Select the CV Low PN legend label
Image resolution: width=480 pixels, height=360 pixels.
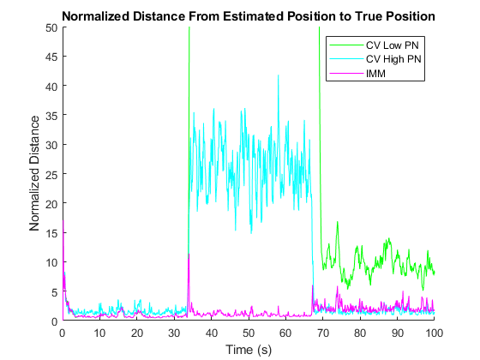pyautogui.click(x=393, y=45)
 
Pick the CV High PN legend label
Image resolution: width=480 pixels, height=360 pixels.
pyautogui.click(x=393, y=59)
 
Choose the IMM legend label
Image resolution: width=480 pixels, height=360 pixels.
pyautogui.click(x=375, y=74)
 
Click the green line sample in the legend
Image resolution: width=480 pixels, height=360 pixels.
pyautogui.click(x=346, y=45)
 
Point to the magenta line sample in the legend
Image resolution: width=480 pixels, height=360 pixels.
pyautogui.click(x=346, y=74)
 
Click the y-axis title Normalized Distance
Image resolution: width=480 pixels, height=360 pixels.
pyautogui.click(x=34, y=173)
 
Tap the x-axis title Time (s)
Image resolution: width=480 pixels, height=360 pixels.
pyautogui.click(x=249, y=350)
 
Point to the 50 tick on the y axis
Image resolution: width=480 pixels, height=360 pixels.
pyautogui.click(x=51, y=27)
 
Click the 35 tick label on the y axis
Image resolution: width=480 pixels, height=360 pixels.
pyautogui.click(x=51, y=116)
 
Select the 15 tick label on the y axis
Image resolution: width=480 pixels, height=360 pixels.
pyautogui.click(x=51, y=233)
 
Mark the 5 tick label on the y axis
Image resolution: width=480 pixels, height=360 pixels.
pyautogui.click(x=55, y=292)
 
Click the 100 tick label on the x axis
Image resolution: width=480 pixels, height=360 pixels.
pyautogui.click(x=434, y=333)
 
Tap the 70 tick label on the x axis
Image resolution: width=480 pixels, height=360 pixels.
pyautogui.click(x=323, y=333)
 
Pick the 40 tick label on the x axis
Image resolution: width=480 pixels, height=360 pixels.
pyautogui.click(x=211, y=333)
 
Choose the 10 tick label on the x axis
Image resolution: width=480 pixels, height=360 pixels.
pyautogui.click(x=99, y=333)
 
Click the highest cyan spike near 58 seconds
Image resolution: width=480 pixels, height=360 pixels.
pyautogui.click(x=279, y=75)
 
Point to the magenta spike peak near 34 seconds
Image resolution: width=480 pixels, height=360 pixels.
pyautogui.click(x=189, y=255)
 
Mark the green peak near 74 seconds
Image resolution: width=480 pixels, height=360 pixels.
pyautogui.click(x=338, y=222)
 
